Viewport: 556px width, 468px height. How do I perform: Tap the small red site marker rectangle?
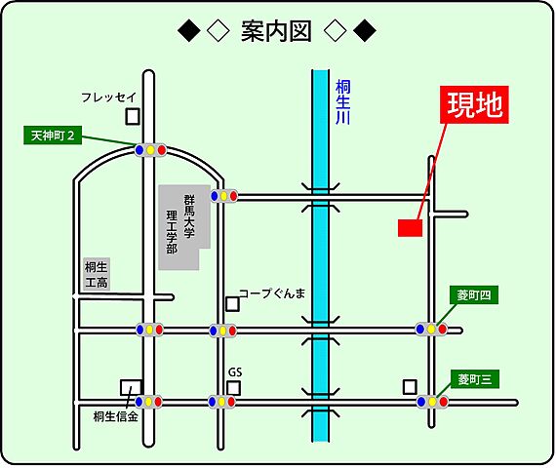pos(410,228)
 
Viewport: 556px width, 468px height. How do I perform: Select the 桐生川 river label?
pos(342,100)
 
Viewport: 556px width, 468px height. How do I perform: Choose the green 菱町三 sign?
pos(475,377)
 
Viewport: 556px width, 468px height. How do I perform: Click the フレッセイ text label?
pos(108,97)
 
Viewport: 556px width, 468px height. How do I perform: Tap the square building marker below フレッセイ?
pos(133,116)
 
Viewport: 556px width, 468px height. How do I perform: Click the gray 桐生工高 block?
pos(96,275)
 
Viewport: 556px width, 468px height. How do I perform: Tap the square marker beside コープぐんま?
pos(232,303)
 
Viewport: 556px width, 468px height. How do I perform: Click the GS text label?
pos(234,371)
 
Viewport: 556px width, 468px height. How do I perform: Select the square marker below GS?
pos(234,387)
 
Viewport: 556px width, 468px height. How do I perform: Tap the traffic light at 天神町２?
pos(150,150)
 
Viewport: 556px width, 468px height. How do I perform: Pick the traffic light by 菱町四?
pos(431,330)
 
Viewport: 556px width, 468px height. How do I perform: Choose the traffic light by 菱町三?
pos(432,402)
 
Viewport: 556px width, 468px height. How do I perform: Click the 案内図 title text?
pos(276,32)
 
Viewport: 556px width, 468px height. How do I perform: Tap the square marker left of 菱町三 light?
pos(409,386)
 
